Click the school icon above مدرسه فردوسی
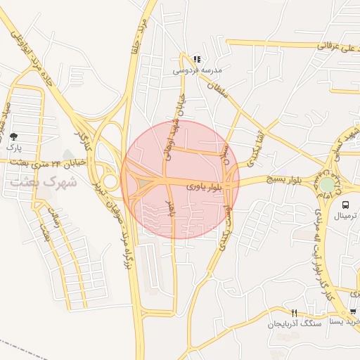click(x=197, y=59)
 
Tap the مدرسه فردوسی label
click(x=196, y=71)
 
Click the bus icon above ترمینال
click(x=345, y=205)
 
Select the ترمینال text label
click(x=347, y=217)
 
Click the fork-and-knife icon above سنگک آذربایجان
click(x=294, y=313)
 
